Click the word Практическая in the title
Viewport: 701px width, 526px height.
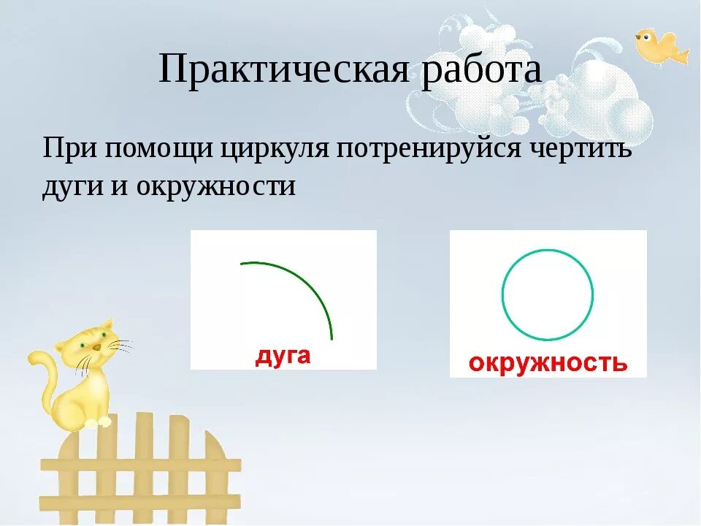(287, 70)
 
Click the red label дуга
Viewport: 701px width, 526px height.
(283, 357)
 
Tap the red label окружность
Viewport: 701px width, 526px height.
(548, 362)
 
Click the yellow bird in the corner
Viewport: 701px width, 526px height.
(659, 47)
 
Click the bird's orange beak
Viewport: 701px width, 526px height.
(637, 34)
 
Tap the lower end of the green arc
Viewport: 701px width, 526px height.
(331, 338)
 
